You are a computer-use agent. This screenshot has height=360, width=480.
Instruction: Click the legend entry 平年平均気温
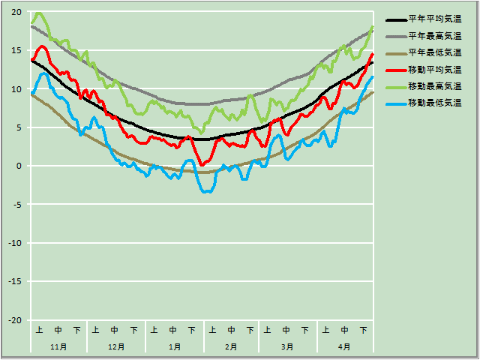click(x=434, y=19)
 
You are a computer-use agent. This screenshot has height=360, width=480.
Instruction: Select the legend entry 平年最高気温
click(x=434, y=36)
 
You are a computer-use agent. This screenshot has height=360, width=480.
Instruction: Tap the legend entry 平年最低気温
click(x=434, y=52)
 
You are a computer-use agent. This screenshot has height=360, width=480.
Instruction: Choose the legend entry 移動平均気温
click(x=434, y=69)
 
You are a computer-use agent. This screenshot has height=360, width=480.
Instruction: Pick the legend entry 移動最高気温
click(x=434, y=85)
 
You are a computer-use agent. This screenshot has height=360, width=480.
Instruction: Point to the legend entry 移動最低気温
click(x=434, y=102)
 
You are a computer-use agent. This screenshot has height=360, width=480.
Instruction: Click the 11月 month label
click(x=58, y=346)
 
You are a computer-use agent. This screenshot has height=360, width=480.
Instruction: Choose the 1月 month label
click(x=174, y=346)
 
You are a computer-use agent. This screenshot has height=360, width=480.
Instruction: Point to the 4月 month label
click(x=344, y=346)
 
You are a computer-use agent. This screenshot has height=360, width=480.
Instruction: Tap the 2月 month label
click(x=231, y=346)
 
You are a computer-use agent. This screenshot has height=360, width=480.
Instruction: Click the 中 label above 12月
click(x=115, y=330)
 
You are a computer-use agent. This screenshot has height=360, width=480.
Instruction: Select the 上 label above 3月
click(x=268, y=330)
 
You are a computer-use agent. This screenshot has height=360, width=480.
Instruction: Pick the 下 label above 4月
click(x=363, y=330)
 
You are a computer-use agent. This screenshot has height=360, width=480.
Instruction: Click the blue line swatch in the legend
click(x=395, y=102)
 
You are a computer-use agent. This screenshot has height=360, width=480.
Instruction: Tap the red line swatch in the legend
click(x=395, y=69)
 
